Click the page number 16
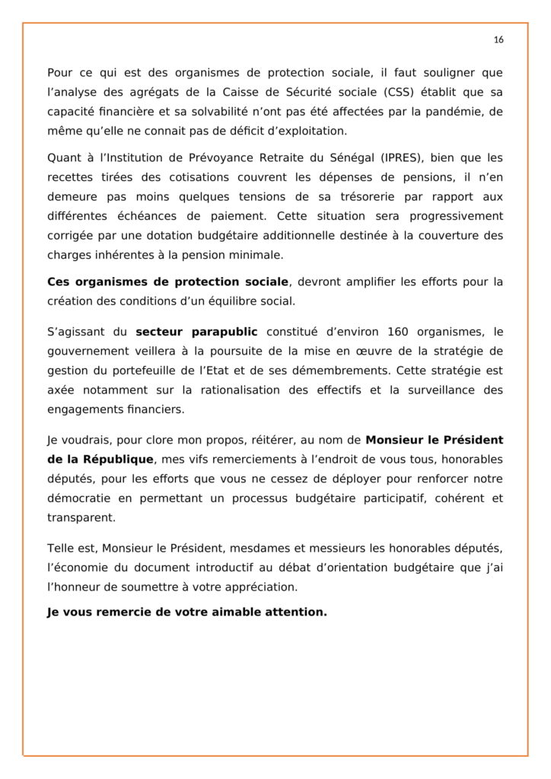coord(498,40)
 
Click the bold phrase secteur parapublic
coord(196,332)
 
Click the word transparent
coord(80,518)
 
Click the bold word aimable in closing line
coord(215,611)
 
